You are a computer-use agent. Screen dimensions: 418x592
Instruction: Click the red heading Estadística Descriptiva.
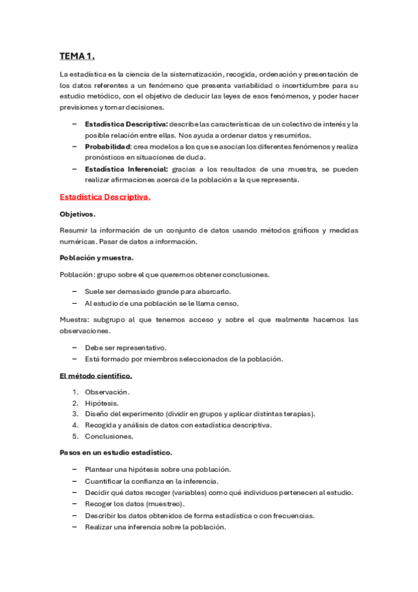105,198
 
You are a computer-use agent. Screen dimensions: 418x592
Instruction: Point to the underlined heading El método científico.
96,376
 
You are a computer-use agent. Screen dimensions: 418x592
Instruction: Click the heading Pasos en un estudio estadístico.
116,452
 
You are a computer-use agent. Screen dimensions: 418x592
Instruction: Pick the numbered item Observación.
107,392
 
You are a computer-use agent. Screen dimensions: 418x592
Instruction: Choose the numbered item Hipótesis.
102,403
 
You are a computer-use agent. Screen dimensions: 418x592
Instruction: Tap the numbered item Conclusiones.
110,436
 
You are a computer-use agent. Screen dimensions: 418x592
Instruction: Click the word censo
227,303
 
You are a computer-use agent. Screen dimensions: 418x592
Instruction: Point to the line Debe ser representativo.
125,348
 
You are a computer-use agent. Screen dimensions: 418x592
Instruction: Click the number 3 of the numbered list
75,414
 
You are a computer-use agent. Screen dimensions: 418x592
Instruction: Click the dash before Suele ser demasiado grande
75,292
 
